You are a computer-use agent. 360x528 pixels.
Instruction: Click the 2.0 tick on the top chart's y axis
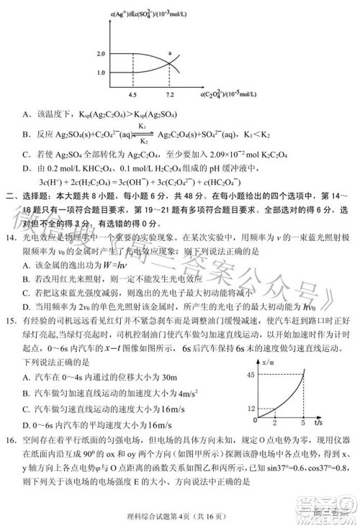[x=100, y=55]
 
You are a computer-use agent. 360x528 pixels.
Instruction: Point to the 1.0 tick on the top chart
[x=100, y=73]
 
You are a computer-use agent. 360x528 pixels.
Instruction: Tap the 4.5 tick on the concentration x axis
[x=132, y=94]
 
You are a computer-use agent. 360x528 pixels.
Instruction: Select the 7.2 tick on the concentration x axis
[x=169, y=94]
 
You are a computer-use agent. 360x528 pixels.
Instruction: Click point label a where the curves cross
[x=170, y=54]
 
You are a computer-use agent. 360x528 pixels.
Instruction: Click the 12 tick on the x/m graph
[x=271, y=407]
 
